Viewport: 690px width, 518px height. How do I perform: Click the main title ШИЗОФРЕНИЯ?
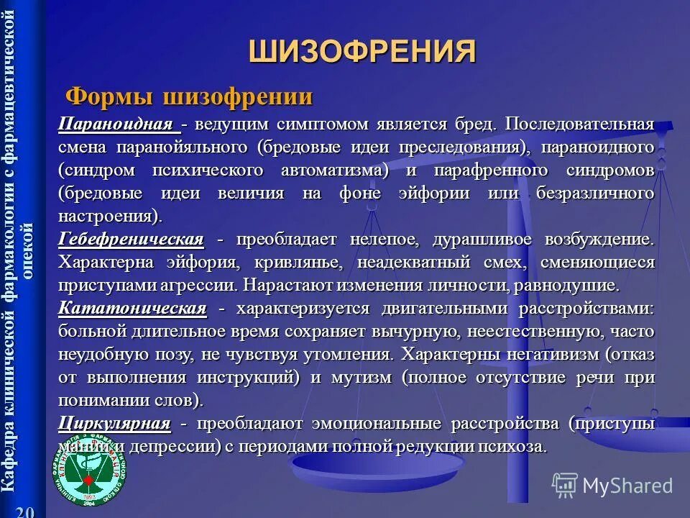pyautogui.click(x=362, y=53)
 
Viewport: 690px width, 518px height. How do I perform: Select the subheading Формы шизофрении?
pyautogui.click(x=189, y=96)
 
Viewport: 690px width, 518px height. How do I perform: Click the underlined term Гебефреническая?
pyautogui.click(x=131, y=239)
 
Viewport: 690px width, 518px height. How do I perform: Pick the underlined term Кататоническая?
pyautogui.click(x=132, y=309)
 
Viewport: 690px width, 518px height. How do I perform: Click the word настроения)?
pyautogui.click(x=111, y=216)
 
